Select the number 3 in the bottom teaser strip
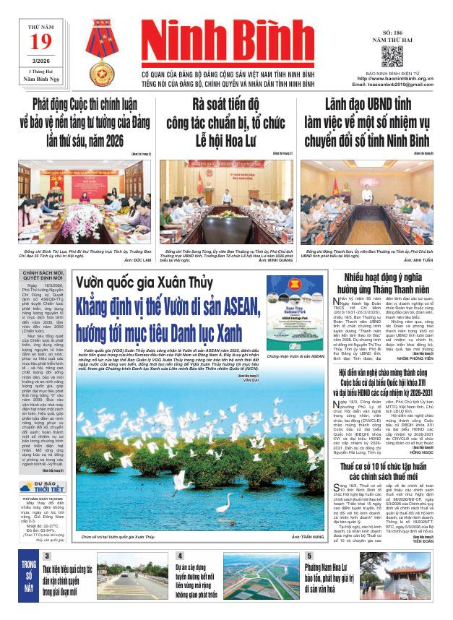click(47, 576)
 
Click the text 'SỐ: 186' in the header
click(392, 33)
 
